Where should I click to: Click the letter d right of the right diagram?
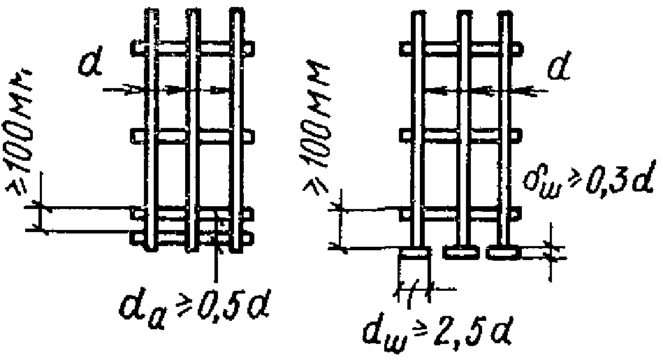[557, 70]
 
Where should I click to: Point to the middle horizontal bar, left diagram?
[191, 134]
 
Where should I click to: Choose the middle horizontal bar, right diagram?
[461, 134]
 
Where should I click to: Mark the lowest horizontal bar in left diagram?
[191, 238]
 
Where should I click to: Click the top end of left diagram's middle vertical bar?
[191, 14]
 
